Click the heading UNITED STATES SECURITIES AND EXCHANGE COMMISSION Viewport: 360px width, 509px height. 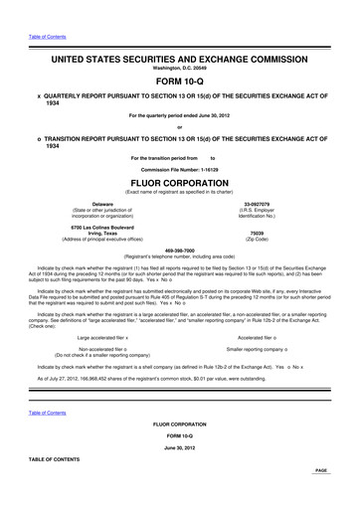[180, 60]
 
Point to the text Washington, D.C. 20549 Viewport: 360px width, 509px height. [180, 71]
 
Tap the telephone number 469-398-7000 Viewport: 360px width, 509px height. [180, 250]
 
